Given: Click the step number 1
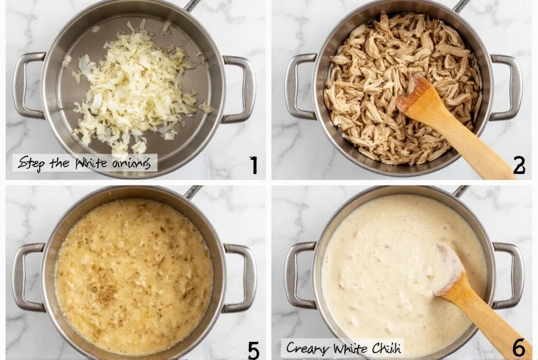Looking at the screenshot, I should [253, 165].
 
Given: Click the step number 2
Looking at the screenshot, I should [519, 165].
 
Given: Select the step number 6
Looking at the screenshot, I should [520, 348].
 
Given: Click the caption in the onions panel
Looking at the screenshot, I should [85, 163].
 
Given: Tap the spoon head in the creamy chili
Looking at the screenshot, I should [449, 269].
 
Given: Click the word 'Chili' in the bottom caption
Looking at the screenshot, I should [387, 347].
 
